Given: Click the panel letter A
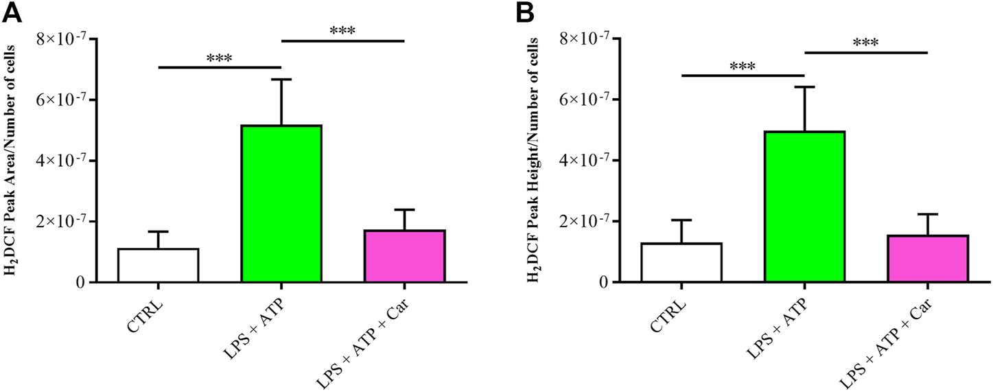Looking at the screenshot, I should click(12, 12).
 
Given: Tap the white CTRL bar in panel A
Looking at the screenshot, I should click(158, 265).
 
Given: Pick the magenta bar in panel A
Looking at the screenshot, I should click(405, 256).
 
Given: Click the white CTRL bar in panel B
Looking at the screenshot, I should click(681, 262).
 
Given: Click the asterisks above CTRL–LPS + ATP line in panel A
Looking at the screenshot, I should click(220, 58).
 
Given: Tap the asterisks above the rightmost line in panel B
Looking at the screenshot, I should click(865, 43).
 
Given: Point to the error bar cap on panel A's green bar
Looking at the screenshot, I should click(281, 80).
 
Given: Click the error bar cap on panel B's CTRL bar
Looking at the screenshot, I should click(681, 220).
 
